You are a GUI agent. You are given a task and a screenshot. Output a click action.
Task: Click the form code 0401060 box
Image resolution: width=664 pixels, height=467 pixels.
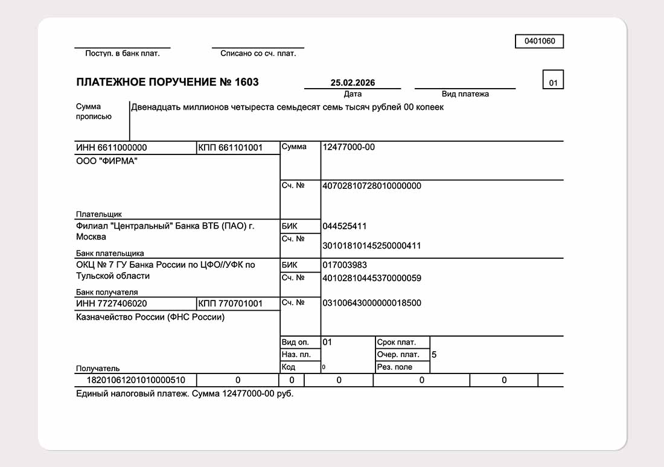[x=539, y=42]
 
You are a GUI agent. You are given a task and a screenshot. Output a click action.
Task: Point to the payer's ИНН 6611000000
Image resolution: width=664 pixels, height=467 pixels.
[x=112, y=148]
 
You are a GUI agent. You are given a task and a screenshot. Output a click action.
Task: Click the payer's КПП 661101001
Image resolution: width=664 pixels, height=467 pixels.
[x=231, y=148]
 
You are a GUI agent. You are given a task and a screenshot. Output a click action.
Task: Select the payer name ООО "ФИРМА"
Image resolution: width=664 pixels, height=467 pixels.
[x=107, y=161]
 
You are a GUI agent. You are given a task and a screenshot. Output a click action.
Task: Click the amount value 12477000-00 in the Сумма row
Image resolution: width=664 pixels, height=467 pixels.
[x=349, y=147]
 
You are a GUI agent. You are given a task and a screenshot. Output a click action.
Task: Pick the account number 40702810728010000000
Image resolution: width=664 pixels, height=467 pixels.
[x=372, y=186]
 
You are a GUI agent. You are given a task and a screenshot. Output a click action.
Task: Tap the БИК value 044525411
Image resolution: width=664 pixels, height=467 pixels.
[x=345, y=226]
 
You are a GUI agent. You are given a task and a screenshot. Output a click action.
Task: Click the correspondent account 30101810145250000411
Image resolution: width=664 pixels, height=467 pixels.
[x=372, y=246]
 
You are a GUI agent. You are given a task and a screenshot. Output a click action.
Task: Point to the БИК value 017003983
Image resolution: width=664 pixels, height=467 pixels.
[x=345, y=265]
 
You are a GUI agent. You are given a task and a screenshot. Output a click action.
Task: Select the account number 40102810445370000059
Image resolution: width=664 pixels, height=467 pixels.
[x=372, y=278]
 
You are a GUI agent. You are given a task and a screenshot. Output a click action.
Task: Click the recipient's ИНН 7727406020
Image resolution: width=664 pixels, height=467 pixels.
[x=112, y=303]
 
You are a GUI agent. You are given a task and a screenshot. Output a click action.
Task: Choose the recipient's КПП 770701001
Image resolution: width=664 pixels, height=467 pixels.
[x=231, y=303]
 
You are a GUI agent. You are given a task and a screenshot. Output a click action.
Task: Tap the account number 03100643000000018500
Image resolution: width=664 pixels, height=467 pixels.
[x=372, y=303]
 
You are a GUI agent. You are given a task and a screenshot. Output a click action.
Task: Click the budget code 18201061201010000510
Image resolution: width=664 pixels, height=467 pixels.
[x=136, y=380]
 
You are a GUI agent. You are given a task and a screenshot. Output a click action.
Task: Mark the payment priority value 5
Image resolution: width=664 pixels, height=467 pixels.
[x=434, y=355]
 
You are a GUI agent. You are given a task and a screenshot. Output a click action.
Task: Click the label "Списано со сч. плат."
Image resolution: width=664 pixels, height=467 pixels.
[x=258, y=54]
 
